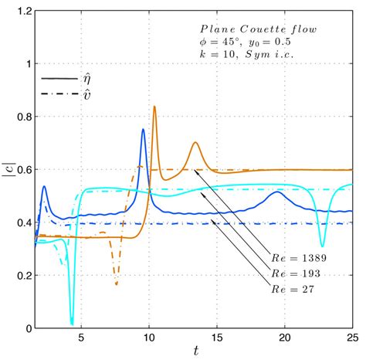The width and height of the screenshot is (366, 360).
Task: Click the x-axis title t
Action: pyautogui.click(x=196, y=352)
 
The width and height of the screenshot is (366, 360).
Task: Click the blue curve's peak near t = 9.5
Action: pyautogui.click(x=143, y=130)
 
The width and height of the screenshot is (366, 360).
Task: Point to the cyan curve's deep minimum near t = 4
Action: pyautogui.click(x=72, y=323)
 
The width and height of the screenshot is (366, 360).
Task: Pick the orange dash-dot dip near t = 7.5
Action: pyautogui.click(x=116, y=284)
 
